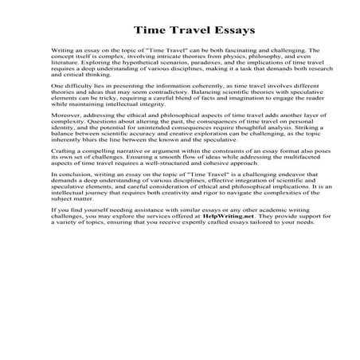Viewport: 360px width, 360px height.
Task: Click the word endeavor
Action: click(x=278, y=204)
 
